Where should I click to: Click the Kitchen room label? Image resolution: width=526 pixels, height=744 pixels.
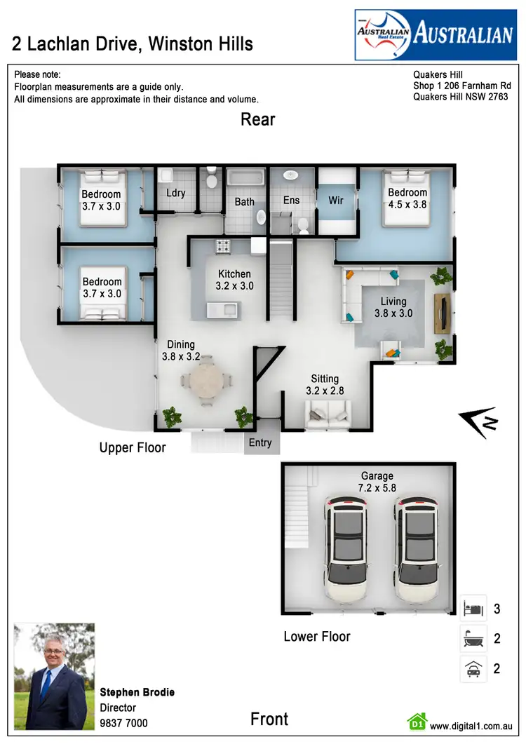234,274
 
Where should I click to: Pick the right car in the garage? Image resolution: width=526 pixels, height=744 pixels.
418,549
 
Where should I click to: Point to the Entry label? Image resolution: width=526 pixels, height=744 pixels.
260,442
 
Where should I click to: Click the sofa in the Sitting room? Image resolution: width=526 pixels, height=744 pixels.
328,417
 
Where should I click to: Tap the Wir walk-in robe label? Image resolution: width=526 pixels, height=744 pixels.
336,201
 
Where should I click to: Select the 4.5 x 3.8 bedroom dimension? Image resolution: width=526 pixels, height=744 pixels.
407,205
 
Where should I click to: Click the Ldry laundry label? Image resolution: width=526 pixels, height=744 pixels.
175,193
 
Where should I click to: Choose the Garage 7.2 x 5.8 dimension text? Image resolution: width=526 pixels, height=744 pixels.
377,487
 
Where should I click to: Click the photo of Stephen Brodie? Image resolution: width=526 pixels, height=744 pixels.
55,676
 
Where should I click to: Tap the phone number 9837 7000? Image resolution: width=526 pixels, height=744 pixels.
123,722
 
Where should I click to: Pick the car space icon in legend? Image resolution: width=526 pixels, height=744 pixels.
473,669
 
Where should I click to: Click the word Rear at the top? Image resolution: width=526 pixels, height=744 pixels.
258,119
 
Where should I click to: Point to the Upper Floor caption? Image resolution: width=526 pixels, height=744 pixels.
133,447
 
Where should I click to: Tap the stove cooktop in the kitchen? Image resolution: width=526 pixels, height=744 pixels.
224,245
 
